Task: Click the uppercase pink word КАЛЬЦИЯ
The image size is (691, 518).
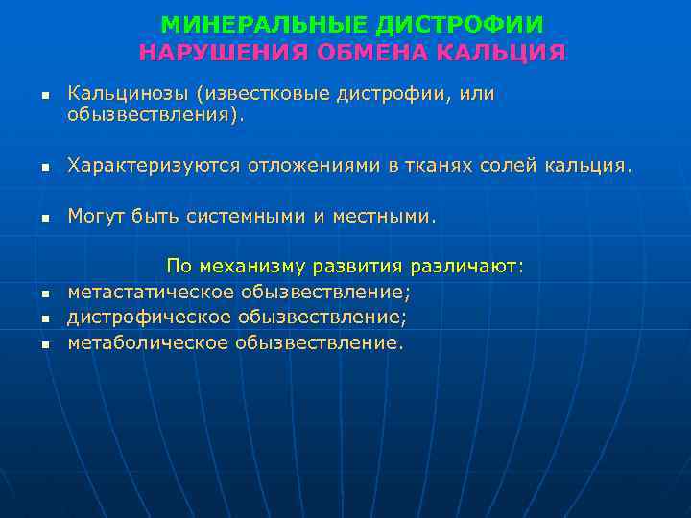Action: tap(501, 51)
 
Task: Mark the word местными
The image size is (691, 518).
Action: tap(384, 217)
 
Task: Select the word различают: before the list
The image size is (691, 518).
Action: tap(466, 266)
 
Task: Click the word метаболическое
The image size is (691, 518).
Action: tap(148, 341)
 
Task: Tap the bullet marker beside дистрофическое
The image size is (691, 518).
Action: tap(44, 318)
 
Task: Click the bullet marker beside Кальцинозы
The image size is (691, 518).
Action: tap(44, 96)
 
